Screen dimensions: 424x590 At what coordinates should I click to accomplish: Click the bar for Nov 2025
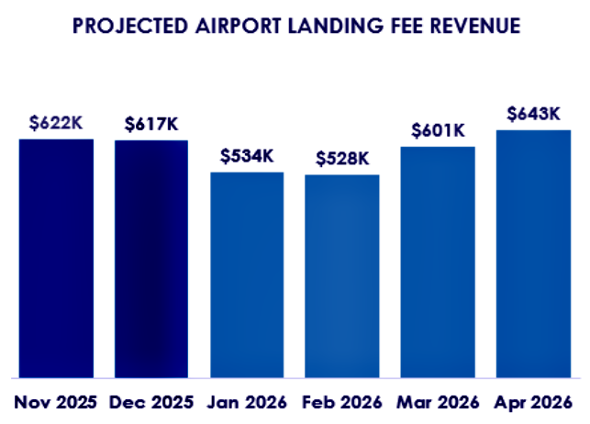pos(56,258)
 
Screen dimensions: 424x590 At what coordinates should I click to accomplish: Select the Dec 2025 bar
pos(151,259)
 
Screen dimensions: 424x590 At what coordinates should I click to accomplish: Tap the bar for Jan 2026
pos(247,274)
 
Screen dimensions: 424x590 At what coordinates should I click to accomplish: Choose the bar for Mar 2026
pos(438,262)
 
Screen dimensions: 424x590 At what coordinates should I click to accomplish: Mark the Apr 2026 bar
pos(533,253)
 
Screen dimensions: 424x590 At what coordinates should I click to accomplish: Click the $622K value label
pos(56,123)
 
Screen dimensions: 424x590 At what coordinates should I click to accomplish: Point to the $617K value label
pos(151,124)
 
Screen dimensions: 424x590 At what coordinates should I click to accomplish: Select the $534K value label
pos(247,156)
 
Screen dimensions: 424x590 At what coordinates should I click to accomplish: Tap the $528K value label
pos(342,158)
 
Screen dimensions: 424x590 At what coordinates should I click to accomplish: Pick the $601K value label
pos(438,130)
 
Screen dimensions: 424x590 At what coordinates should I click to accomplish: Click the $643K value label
pos(533,114)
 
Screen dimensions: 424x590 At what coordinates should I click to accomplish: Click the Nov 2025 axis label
pos(56,402)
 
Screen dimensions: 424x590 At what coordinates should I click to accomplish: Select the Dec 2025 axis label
pos(151,402)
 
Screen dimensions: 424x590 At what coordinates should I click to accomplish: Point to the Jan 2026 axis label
pos(247,402)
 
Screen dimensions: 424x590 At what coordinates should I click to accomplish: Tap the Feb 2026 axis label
pos(342,402)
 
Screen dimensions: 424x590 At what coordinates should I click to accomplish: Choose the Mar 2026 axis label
pos(438,402)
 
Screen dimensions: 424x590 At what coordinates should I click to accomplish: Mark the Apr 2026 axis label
pos(533,402)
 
